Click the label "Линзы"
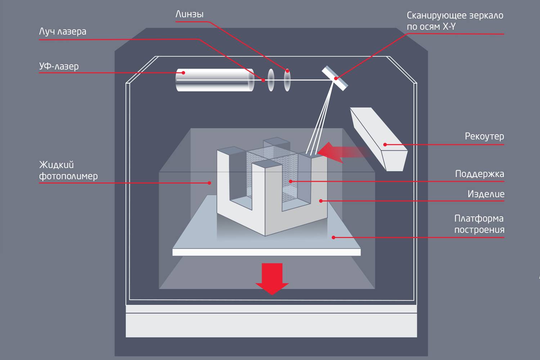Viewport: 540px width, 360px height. [189, 14]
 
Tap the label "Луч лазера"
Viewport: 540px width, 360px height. [63, 32]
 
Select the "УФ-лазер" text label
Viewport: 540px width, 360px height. [59, 66]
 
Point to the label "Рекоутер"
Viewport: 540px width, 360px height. [484, 136]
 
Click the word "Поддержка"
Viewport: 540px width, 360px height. [480, 174]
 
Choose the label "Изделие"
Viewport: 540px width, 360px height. [486, 194]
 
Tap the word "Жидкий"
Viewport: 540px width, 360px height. [57, 165]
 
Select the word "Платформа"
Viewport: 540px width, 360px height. [479, 219]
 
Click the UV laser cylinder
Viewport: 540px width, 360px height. [214, 80]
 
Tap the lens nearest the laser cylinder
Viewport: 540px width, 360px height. [271, 80]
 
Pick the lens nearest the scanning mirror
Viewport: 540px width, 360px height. [287, 80]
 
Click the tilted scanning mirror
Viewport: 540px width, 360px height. [335, 78]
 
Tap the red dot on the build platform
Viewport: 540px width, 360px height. [333, 238]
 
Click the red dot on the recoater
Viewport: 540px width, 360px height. [385, 145]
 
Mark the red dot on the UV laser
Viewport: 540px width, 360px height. [183, 73]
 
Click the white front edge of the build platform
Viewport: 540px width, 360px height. [266, 252]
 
